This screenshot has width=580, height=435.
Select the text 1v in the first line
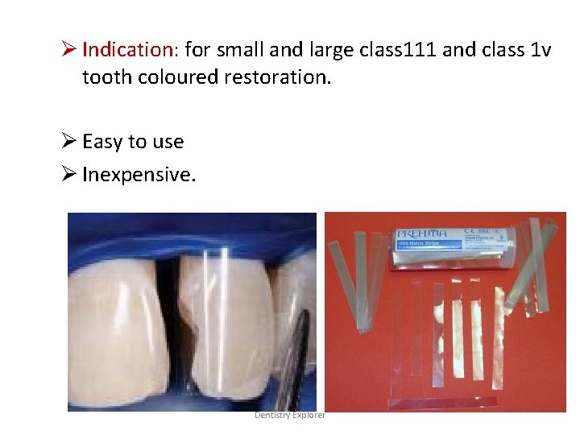(540, 50)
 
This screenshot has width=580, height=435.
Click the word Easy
(102, 142)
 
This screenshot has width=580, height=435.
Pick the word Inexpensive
(139, 174)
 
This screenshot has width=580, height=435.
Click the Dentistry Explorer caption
(290, 415)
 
